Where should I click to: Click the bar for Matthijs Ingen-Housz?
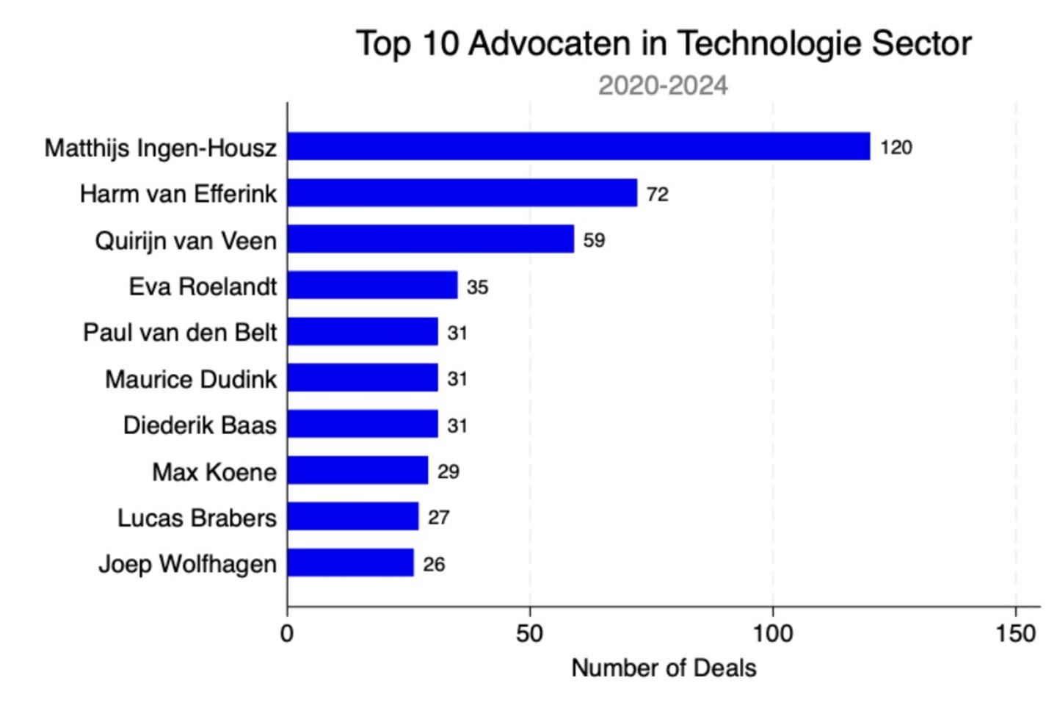(579, 146)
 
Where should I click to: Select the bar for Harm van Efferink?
(462, 192)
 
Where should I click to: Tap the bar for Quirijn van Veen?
(431, 239)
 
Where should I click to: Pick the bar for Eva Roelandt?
(373, 285)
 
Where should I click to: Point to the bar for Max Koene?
(358, 470)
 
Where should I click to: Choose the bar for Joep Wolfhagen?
(351, 563)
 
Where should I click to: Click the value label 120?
(896, 148)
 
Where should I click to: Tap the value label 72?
(658, 194)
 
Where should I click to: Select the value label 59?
(594, 240)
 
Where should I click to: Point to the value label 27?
(438, 518)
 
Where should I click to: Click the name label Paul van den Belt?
(180, 332)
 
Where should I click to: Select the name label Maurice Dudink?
(191, 379)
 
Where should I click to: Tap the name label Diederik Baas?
(200, 425)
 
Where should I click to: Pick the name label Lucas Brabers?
(197, 518)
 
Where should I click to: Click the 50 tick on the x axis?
(529, 634)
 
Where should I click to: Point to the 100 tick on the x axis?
(773, 634)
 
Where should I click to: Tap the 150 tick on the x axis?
(1016, 634)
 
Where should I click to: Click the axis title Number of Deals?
(664, 668)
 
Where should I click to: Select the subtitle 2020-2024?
(663, 86)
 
